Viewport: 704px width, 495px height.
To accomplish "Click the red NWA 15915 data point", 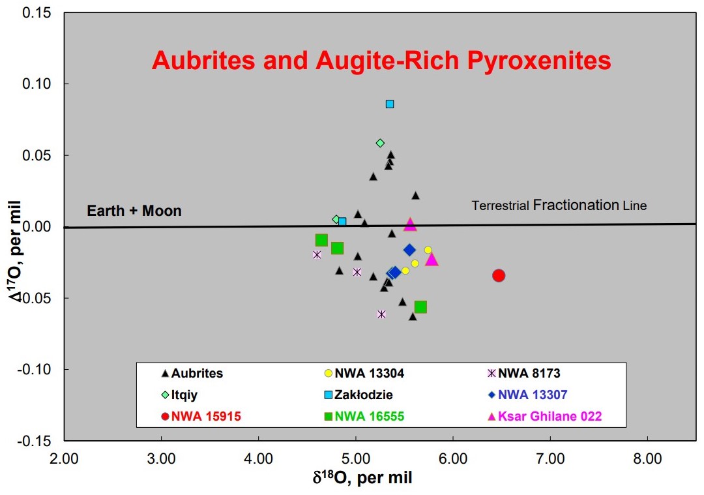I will [x=499, y=275].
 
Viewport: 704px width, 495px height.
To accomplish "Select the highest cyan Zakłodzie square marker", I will [x=390, y=104].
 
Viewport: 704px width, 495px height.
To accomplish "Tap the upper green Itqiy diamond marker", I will [x=380, y=143].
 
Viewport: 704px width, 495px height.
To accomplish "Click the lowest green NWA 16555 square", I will [x=420, y=307].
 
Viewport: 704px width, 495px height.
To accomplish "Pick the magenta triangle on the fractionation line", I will [x=410, y=225].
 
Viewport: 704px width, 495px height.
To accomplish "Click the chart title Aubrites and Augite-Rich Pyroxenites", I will [x=381, y=61].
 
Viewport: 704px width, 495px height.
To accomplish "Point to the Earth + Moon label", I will [x=134, y=211].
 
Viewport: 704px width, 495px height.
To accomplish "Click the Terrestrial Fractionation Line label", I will [x=559, y=205].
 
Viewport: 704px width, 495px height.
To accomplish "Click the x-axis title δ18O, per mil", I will [x=362, y=478].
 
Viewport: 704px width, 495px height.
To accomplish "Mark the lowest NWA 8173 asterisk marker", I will [x=381, y=314].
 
